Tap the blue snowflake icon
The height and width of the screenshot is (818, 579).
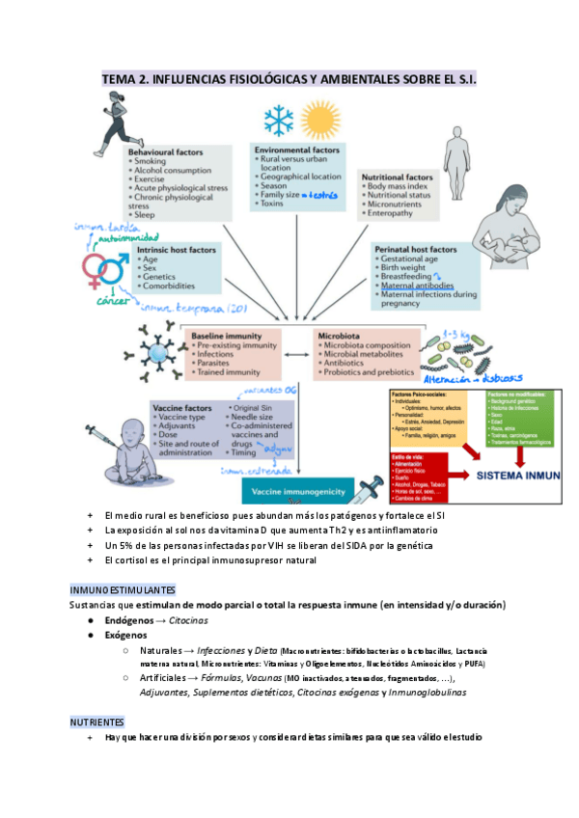pyautogui.click(x=279, y=123)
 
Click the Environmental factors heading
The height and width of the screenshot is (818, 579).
pyautogui.click(x=295, y=151)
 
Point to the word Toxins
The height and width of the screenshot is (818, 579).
pyautogui.click(x=273, y=204)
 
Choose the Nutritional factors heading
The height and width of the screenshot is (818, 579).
pyautogui.click(x=397, y=178)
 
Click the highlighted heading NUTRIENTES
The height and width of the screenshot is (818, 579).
pyautogui.click(x=96, y=721)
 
